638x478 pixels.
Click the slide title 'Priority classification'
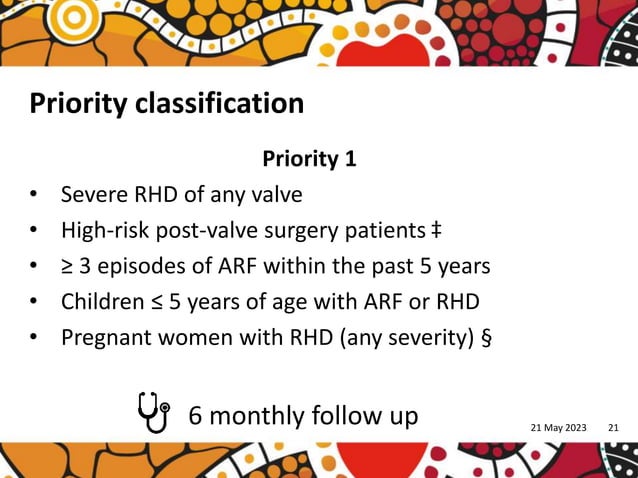coord(166,103)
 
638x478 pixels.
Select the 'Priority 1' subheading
coord(309,159)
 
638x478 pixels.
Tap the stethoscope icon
coord(152,410)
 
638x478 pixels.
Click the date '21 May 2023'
coord(559,429)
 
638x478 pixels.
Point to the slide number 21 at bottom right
coord(613,429)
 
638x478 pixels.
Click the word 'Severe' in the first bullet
coord(92,194)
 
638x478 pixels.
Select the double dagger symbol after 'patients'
coord(436,230)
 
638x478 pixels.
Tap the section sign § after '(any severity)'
coord(486,337)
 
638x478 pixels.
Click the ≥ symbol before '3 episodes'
coord(68,267)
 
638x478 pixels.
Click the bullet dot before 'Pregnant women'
coord(34,338)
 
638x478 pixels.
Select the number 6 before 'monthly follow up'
coord(195,415)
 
